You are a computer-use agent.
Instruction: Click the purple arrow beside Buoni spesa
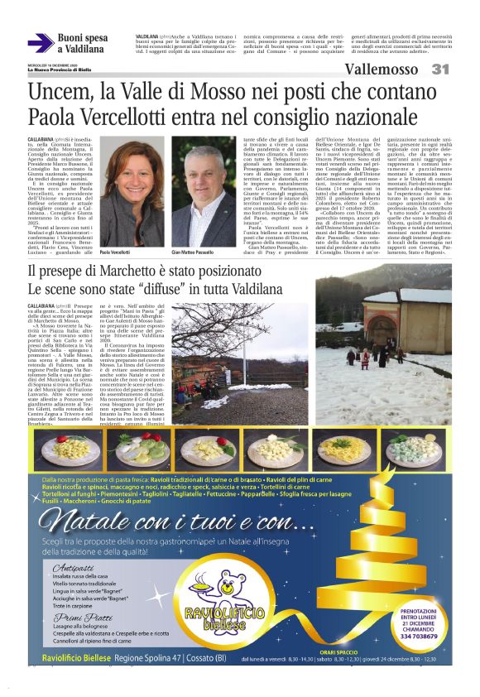41,44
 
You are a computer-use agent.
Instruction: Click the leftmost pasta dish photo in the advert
63,450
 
